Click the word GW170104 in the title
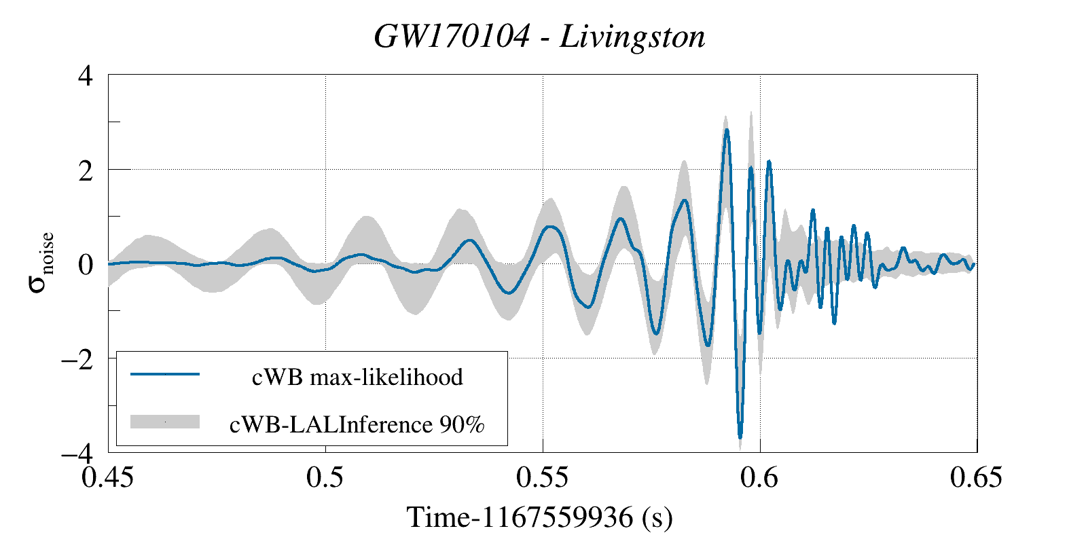(x=451, y=37)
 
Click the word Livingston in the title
(x=632, y=37)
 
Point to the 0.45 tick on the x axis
(x=109, y=478)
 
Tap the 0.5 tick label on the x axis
(x=325, y=478)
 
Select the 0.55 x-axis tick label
(x=543, y=478)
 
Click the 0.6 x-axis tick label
(x=760, y=478)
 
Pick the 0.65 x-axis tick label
(x=976, y=478)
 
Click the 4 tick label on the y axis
(x=86, y=75)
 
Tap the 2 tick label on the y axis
(x=86, y=170)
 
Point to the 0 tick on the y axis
(x=86, y=264)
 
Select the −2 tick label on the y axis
(x=77, y=358)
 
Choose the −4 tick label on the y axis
(x=77, y=452)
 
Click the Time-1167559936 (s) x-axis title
(x=539, y=517)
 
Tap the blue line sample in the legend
(x=165, y=374)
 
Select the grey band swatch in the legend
(x=165, y=422)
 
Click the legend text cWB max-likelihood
(x=357, y=377)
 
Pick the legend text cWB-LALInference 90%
(x=357, y=424)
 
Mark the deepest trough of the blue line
(x=740, y=437)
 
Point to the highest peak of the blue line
(x=726, y=130)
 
